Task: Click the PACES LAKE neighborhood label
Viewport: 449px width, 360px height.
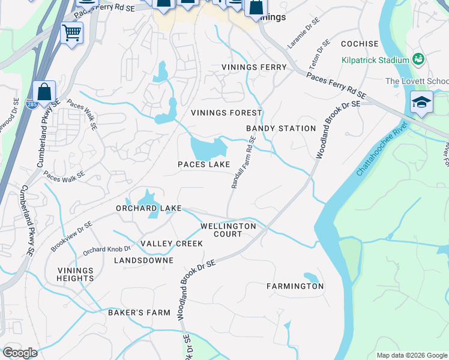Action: (x=203, y=164)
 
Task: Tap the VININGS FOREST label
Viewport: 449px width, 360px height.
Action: (x=226, y=113)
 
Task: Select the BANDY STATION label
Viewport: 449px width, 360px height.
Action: (x=281, y=128)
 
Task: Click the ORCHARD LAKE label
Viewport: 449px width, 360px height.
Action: (x=149, y=208)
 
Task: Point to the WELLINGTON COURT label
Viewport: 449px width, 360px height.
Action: (x=228, y=230)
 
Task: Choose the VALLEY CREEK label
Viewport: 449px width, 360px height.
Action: (x=171, y=244)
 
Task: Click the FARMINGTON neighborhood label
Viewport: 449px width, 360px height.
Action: (x=295, y=286)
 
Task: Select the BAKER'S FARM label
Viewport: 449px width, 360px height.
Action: (x=139, y=313)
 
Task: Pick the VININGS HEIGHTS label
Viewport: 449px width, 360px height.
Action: (x=76, y=274)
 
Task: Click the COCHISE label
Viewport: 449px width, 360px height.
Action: (x=360, y=44)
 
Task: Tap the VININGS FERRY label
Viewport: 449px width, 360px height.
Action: (x=254, y=67)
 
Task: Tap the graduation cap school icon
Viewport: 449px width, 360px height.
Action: (x=421, y=102)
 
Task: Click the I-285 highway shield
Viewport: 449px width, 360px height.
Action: (x=32, y=105)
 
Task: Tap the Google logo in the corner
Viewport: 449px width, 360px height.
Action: (x=20, y=353)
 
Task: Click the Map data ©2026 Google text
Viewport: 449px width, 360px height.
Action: (x=411, y=355)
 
